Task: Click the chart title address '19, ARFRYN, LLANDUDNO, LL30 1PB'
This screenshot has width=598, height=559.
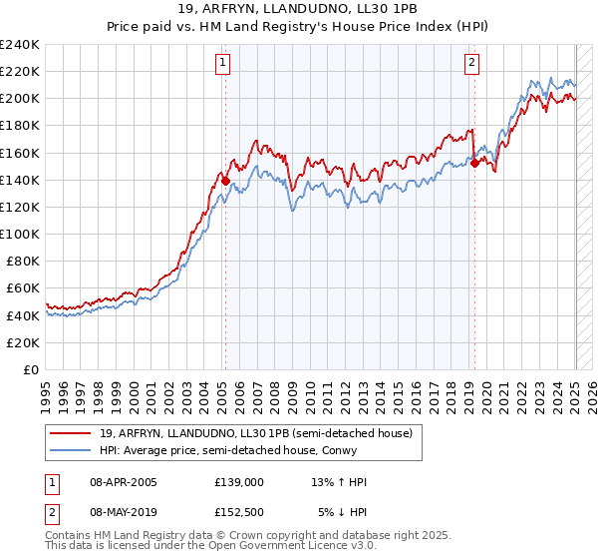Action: (298, 9)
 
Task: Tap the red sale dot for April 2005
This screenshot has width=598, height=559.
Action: (225, 181)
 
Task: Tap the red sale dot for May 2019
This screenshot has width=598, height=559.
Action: (474, 163)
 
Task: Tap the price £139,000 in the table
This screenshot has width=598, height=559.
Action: (239, 482)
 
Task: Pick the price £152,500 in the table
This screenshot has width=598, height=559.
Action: (239, 512)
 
